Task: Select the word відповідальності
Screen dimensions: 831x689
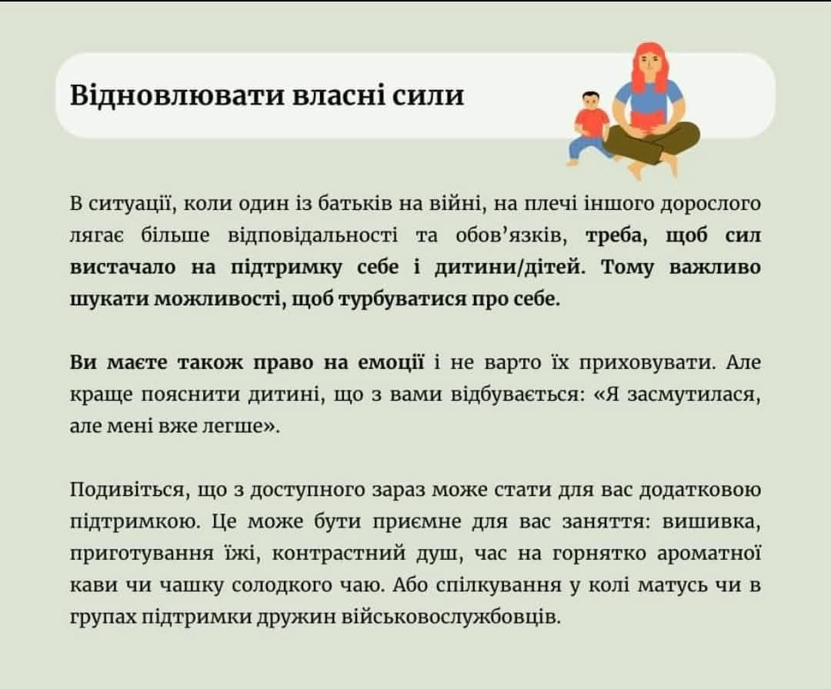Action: click(x=312, y=236)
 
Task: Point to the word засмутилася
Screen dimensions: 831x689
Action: click(x=694, y=395)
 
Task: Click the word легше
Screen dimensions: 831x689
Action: click(x=239, y=427)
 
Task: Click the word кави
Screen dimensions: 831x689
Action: click(x=92, y=586)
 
